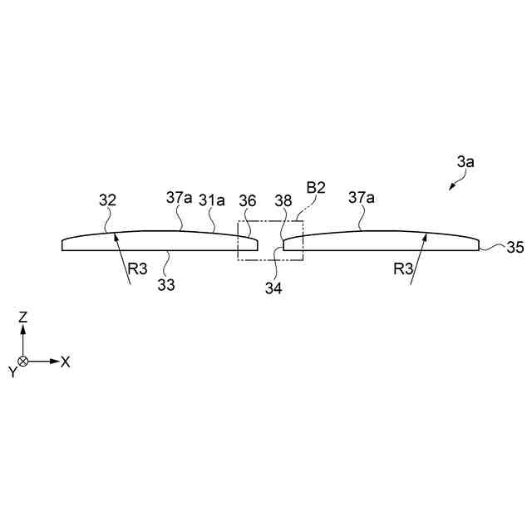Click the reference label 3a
click(465, 163)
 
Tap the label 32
click(107, 200)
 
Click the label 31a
click(211, 200)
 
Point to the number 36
click(248, 200)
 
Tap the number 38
click(282, 200)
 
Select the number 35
click(515, 248)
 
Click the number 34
click(273, 288)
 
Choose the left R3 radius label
click(137, 268)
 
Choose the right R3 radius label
click(403, 268)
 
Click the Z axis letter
click(23, 316)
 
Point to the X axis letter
click(66, 362)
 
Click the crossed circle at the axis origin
click(23, 362)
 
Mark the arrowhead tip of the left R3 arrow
click(116, 234)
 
